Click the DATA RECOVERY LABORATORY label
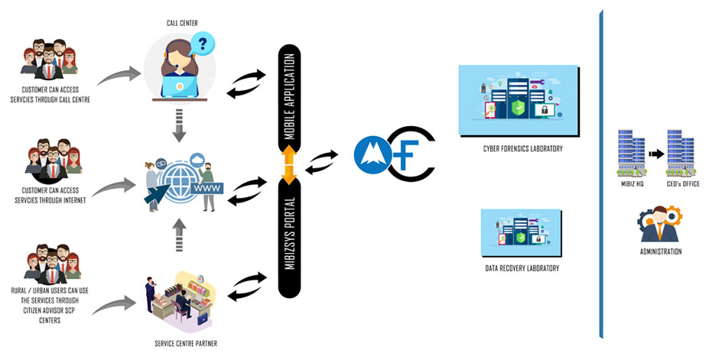click(522, 268)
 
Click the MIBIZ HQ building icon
click(632, 151)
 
